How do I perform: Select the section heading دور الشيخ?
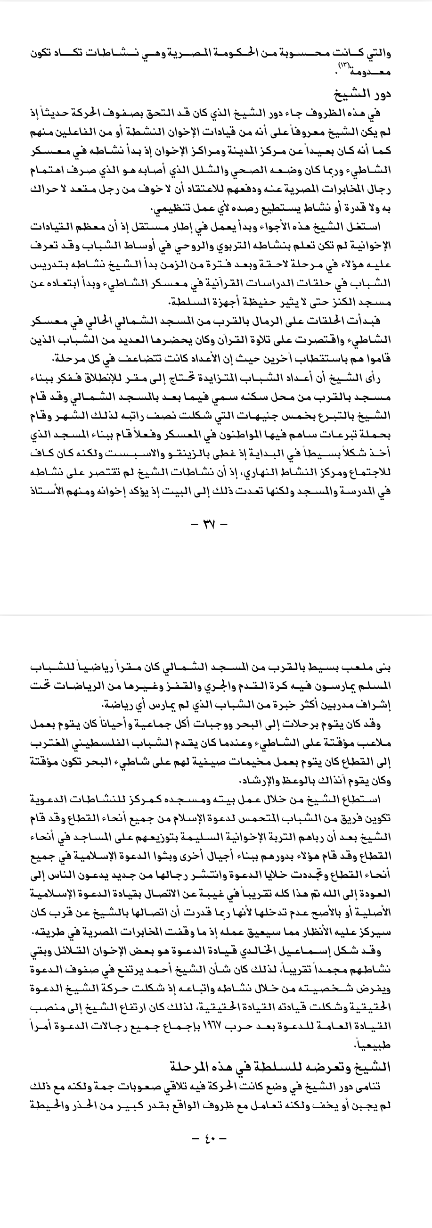pos(367,94)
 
